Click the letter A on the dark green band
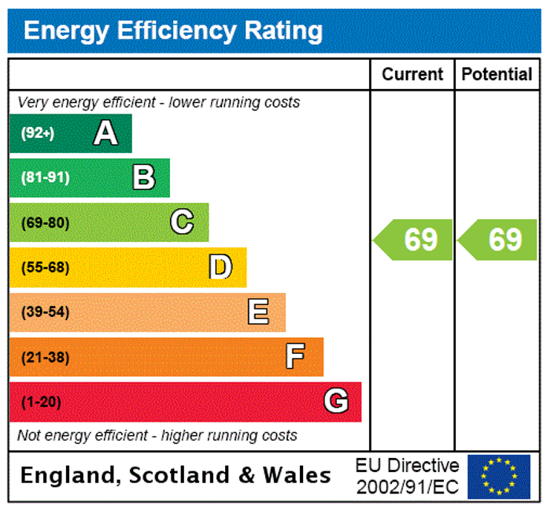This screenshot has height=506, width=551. click(x=105, y=133)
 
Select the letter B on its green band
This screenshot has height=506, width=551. click(x=144, y=177)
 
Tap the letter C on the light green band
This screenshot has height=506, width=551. click(x=182, y=222)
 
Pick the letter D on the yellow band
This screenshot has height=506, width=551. click(x=220, y=267)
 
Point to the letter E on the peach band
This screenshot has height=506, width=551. click(x=258, y=312)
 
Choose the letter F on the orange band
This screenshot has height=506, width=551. click(x=295, y=357)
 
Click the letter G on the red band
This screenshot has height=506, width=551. click(x=336, y=402)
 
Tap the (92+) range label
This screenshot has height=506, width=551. click(x=38, y=133)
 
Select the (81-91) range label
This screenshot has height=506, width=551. click(x=45, y=177)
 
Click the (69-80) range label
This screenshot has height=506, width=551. click(x=45, y=222)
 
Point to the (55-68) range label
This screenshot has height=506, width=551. click(x=45, y=267)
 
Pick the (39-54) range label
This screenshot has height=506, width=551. click(x=45, y=312)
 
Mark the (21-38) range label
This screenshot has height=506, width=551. click(x=45, y=357)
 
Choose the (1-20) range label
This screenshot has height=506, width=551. click(x=41, y=402)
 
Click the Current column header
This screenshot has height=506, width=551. click(x=412, y=74)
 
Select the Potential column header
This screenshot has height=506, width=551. click(x=497, y=74)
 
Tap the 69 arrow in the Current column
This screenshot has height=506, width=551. click(x=415, y=240)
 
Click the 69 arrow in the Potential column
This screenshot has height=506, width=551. click(x=499, y=240)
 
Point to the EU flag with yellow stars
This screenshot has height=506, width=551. click(x=499, y=476)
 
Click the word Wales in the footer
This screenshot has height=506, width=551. click(x=297, y=475)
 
